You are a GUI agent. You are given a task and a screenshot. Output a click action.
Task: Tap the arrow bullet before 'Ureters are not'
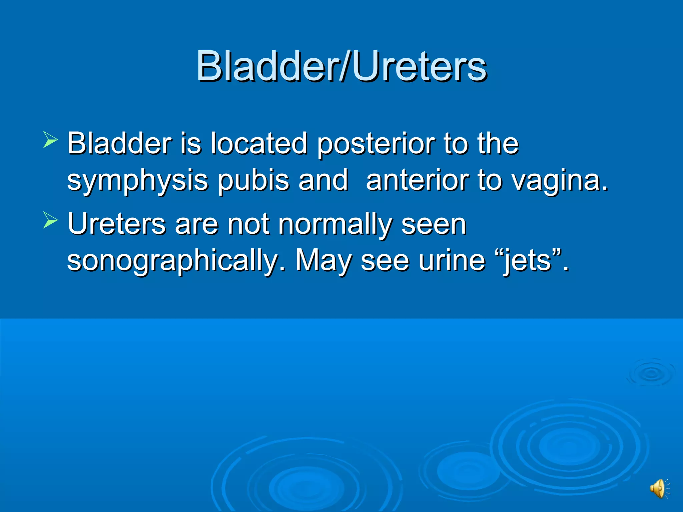[50, 220]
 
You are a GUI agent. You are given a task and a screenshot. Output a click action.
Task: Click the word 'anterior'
[417, 180]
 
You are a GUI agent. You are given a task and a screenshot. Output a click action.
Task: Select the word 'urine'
[452, 260]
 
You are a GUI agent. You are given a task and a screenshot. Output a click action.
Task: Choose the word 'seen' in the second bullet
[434, 224]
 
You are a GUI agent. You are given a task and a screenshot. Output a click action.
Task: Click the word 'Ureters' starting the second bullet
[116, 224]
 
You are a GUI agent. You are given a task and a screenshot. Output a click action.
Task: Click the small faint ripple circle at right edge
[651, 373]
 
